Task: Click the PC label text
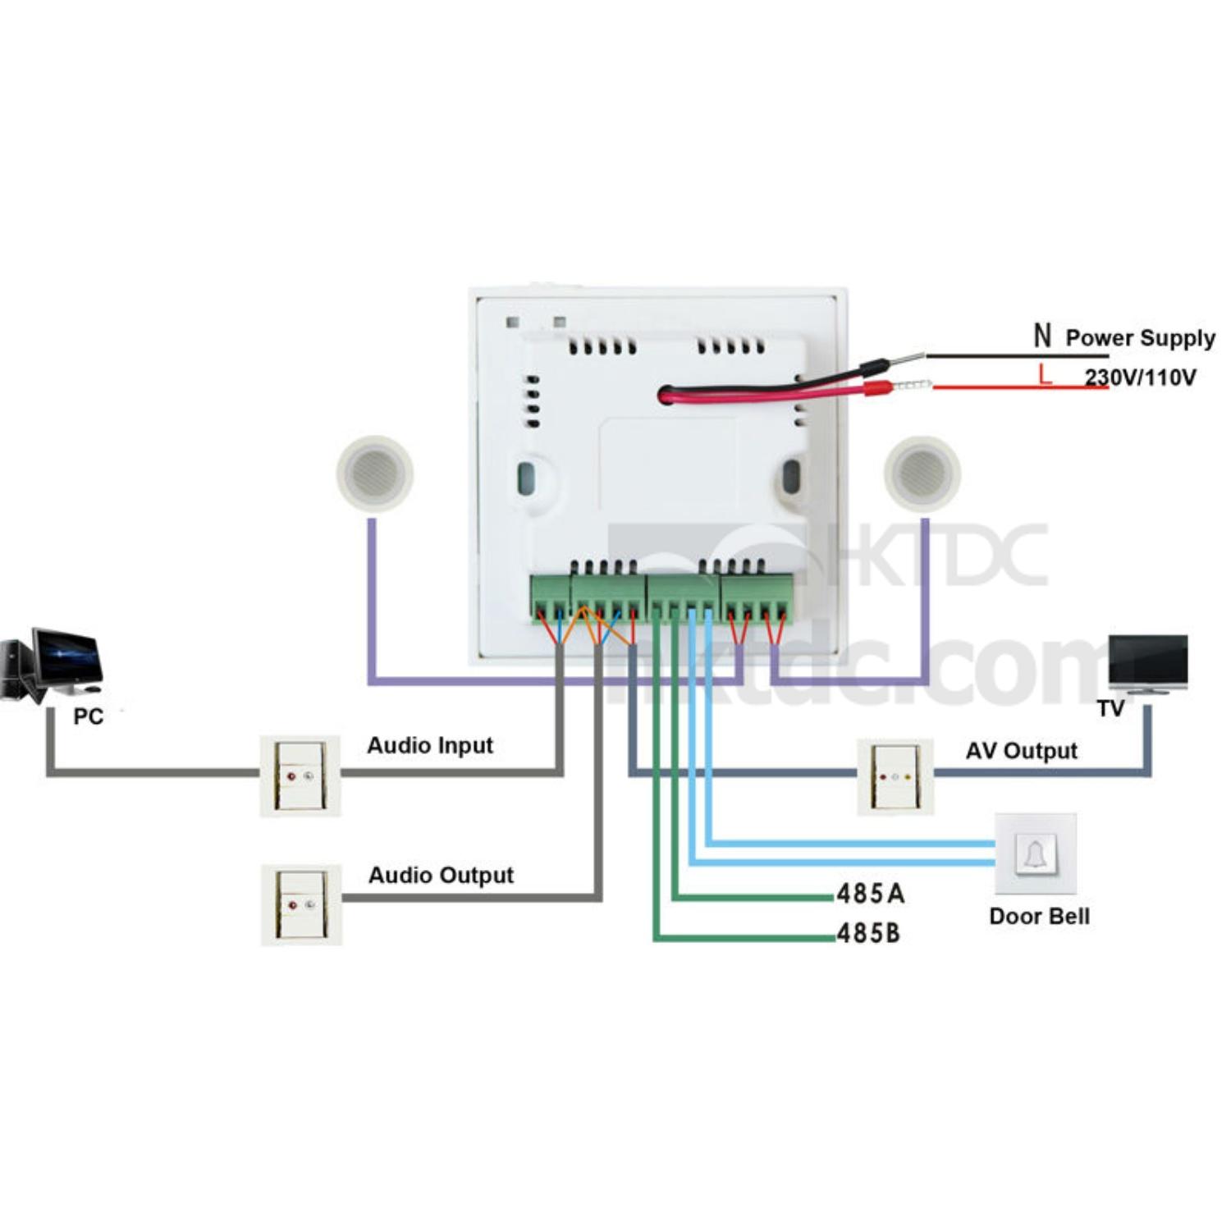(x=88, y=716)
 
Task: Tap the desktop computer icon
(x=53, y=666)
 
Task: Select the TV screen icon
(x=1147, y=663)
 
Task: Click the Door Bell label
(x=1039, y=916)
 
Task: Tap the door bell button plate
(x=1035, y=854)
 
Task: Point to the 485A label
(x=871, y=894)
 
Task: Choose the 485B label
(x=868, y=933)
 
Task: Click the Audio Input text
(x=430, y=745)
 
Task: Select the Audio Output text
(x=441, y=875)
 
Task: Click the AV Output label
(x=1021, y=751)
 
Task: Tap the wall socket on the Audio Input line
(x=300, y=776)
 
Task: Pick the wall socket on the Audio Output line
(x=301, y=904)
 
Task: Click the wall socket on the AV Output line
(x=895, y=776)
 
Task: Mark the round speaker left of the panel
(x=374, y=474)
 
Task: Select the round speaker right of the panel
(x=922, y=474)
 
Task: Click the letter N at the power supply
(x=1042, y=336)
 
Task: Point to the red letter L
(x=1044, y=375)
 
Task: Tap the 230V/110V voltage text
(x=1140, y=378)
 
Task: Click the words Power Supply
(x=1140, y=337)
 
